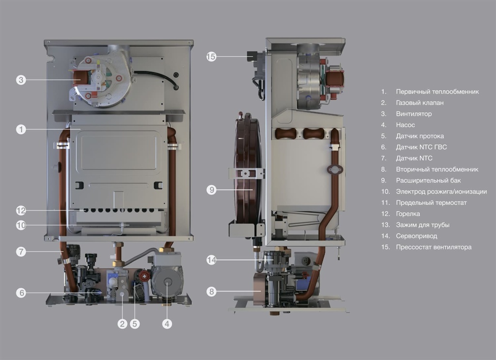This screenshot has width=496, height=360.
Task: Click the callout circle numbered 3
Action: click(20, 80)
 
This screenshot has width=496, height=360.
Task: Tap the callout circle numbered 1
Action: click(20, 129)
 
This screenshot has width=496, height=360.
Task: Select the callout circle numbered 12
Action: click(20, 211)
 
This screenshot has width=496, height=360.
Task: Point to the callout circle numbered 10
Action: click(20, 225)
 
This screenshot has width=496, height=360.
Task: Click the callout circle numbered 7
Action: click(20, 251)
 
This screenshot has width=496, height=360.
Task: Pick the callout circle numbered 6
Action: click(20, 292)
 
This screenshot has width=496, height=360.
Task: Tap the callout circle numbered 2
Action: click(122, 324)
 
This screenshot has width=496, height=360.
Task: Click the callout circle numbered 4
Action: click(167, 324)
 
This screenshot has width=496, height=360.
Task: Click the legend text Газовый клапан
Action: click(419, 103)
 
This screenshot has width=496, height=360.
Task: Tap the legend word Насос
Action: click(405, 125)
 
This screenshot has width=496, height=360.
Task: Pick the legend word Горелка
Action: click(408, 214)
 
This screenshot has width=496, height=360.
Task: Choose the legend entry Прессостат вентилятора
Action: click(434, 247)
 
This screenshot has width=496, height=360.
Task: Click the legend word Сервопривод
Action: click(417, 236)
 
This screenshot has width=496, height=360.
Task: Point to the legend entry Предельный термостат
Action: click(431, 203)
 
